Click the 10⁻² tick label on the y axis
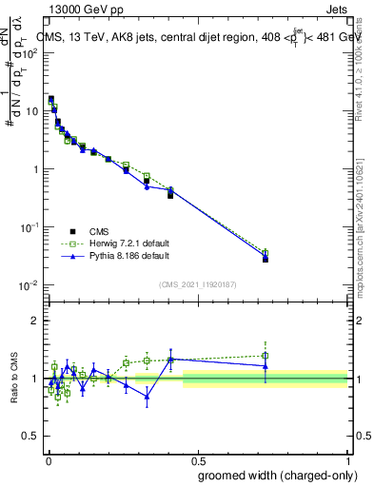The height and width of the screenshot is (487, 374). pos(30,286)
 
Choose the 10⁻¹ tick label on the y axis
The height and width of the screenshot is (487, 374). pos(30,228)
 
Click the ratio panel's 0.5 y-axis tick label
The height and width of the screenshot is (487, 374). pos(31,437)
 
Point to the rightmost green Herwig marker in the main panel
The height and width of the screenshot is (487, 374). pos(266,254)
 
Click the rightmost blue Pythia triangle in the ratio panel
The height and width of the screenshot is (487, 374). pos(266,365)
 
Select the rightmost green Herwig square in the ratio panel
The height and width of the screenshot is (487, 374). pos(266,356)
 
